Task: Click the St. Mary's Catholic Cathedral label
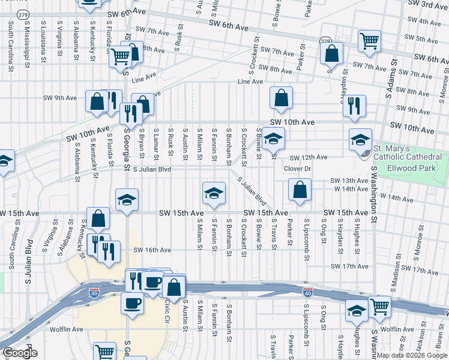(x=408, y=152)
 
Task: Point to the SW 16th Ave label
(x=152, y=250)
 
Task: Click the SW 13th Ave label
(x=349, y=181)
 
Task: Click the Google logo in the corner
(x=20, y=353)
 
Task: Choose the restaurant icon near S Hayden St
(x=354, y=106)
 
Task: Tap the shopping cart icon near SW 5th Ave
(x=369, y=40)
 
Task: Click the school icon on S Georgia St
(x=127, y=200)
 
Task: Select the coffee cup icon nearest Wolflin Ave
(x=132, y=302)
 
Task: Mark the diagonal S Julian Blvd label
(x=251, y=189)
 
